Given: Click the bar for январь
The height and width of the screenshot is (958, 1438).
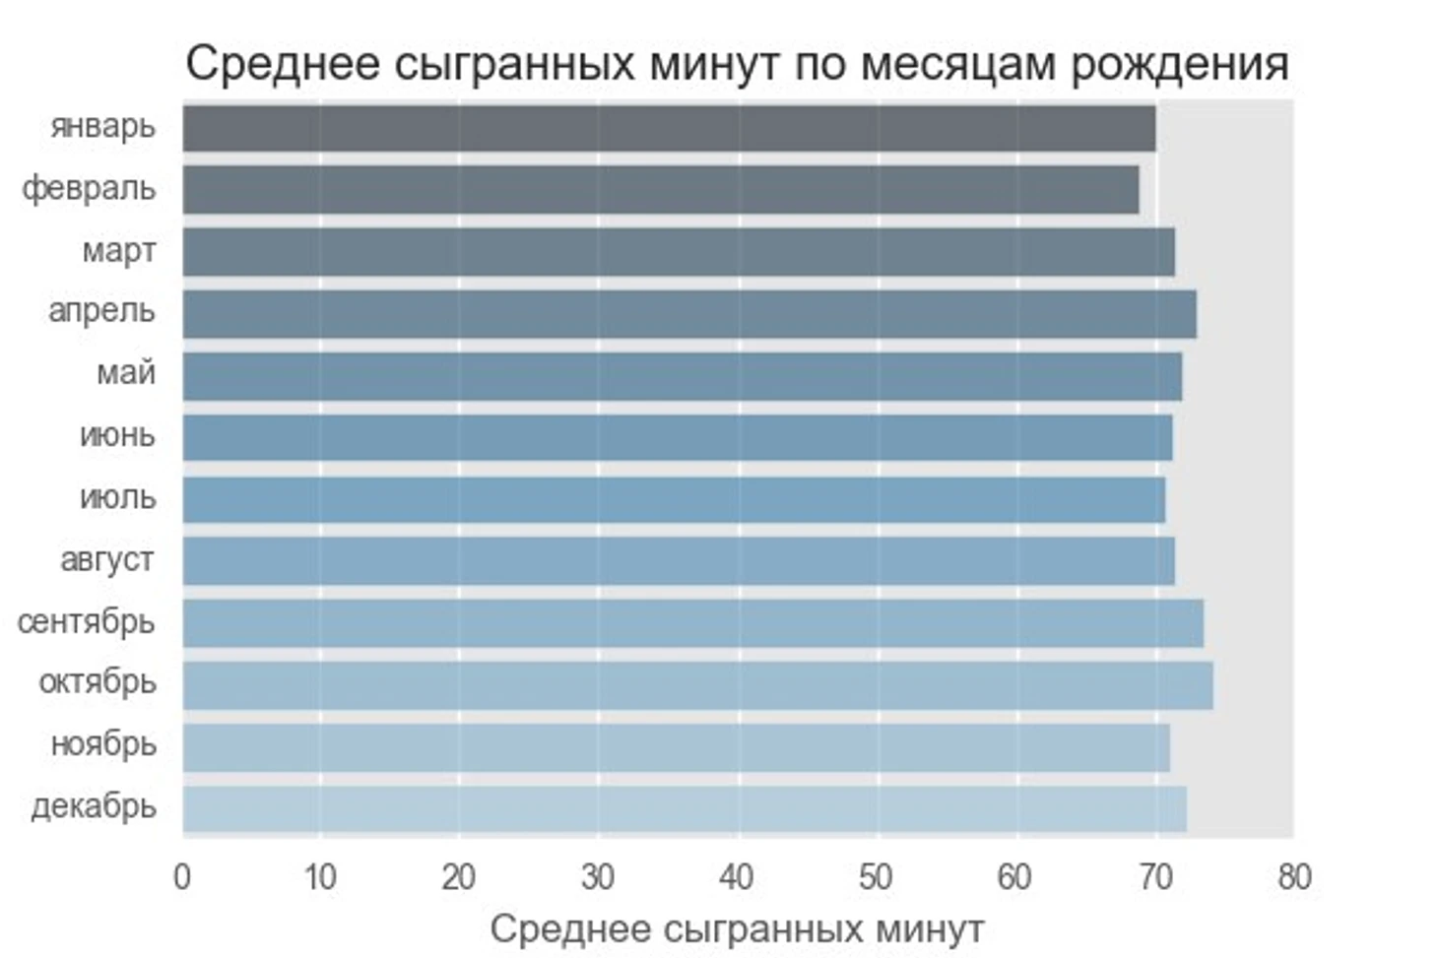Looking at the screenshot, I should [668, 128].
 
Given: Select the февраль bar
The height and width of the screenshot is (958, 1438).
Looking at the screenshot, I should [660, 190].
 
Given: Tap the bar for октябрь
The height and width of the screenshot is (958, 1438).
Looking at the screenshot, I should [697, 685].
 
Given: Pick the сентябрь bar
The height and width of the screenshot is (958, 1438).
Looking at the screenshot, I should [692, 623].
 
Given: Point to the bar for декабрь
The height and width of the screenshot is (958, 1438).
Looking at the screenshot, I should [685, 809].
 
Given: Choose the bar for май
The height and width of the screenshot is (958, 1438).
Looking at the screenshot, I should [682, 376].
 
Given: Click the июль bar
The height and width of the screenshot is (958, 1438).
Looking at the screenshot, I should [674, 499].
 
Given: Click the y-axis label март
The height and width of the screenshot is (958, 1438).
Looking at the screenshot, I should [118, 251].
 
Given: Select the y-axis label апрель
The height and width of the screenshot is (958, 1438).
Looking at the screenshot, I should [101, 311].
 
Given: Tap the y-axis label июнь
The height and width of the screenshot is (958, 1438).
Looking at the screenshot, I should [117, 435].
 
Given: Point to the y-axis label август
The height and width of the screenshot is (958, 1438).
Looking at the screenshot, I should [106, 560].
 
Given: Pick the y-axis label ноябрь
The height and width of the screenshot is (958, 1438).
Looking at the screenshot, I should [103, 744].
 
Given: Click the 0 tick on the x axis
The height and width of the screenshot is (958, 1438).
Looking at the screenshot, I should [182, 876].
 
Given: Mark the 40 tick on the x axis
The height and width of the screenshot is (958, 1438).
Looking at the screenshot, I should [737, 876].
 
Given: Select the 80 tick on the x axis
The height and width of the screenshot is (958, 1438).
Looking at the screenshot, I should [1294, 876].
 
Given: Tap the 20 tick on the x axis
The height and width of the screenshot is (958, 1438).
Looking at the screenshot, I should [459, 876].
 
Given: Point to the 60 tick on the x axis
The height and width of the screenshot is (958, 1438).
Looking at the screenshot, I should [1014, 876].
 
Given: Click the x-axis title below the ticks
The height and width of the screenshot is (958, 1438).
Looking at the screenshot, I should [737, 929].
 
